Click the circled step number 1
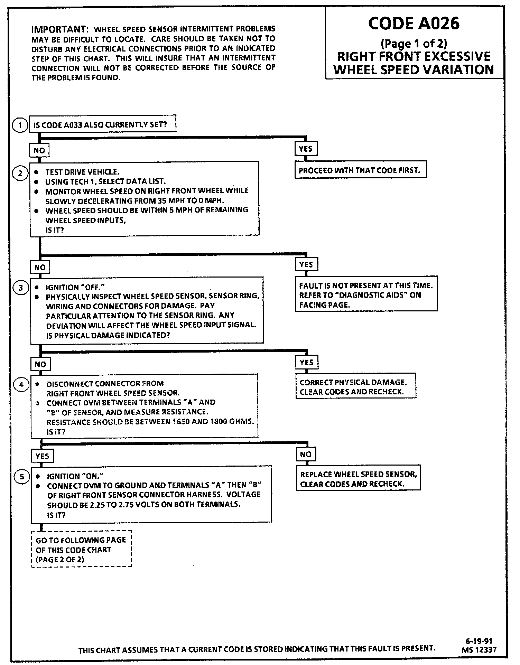20,125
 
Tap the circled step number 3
21,288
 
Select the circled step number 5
22,477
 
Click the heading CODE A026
414,24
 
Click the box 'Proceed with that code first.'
360,170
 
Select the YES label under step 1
306,149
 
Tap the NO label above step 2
39,151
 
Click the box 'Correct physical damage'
356,387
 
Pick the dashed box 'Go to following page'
81,549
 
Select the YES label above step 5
42,456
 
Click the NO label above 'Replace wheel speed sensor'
306,454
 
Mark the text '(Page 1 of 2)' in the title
414,44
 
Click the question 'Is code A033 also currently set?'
103,124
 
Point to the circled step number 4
21,384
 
